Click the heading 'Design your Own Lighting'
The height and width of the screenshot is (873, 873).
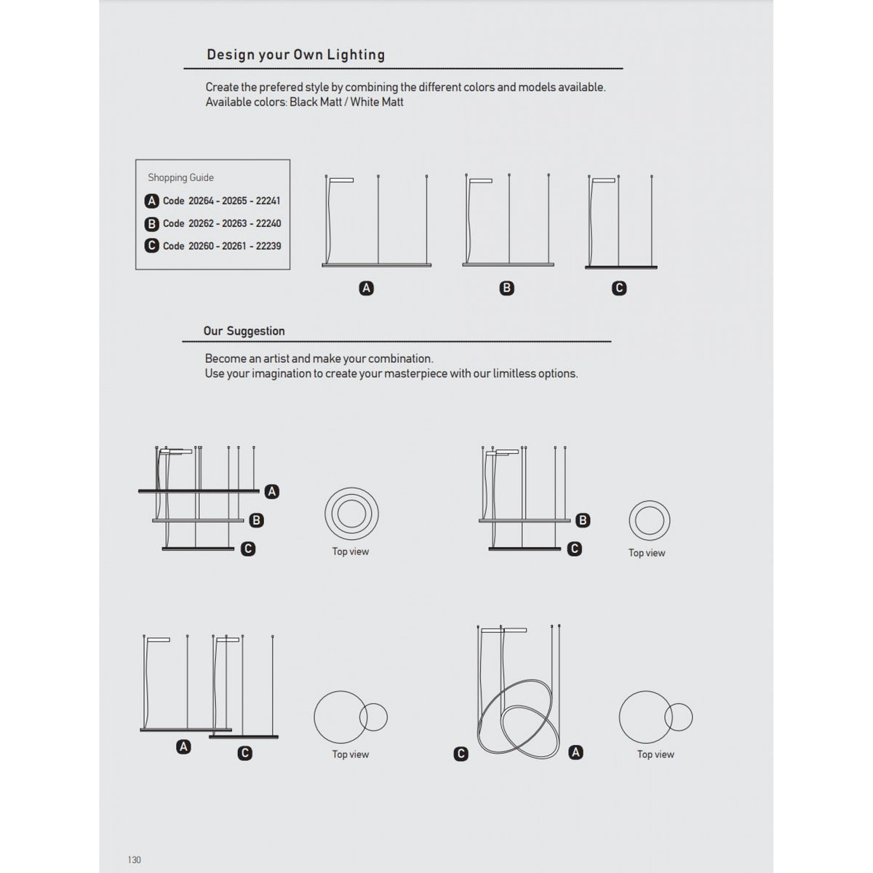click(296, 55)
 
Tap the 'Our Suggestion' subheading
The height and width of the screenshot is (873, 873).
click(244, 331)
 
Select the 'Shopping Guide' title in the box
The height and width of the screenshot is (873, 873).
click(180, 178)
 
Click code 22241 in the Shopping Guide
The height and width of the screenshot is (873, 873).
click(268, 201)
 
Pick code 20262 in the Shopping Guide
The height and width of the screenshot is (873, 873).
click(201, 223)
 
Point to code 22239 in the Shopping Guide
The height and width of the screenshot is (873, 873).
click(268, 246)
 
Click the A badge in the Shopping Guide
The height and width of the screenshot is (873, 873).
click(152, 201)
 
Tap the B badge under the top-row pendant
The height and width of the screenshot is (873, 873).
click(506, 288)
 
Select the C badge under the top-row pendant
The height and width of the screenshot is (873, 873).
click(619, 288)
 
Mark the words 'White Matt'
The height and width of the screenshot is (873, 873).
click(376, 102)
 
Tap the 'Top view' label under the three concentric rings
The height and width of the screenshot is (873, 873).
click(350, 551)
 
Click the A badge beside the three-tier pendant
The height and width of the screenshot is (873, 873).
click(272, 492)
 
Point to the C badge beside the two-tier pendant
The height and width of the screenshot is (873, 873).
click(575, 549)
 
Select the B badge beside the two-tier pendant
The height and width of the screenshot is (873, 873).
click(583, 521)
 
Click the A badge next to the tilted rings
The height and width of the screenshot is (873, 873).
click(575, 752)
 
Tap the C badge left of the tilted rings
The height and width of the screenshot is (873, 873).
click(461, 754)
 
